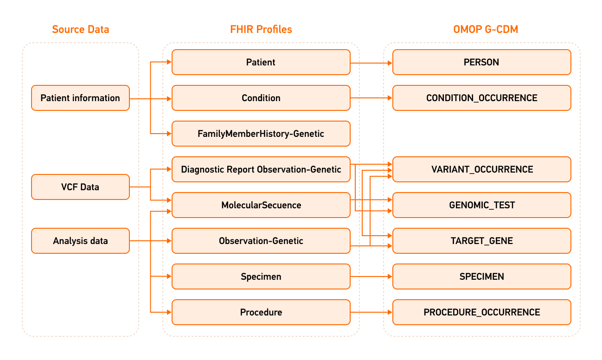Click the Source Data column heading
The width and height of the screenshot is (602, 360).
click(81, 30)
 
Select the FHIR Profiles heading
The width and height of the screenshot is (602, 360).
click(261, 30)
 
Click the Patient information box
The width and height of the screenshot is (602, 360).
click(80, 98)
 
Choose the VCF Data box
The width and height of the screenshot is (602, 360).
click(80, 187)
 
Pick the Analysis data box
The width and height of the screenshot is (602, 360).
click(80, 241)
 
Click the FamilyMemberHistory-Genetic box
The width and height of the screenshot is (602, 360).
click(261, 134)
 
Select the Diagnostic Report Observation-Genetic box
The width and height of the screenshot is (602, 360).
click(261, 169)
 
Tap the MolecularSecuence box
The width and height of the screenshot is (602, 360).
click(261, 205)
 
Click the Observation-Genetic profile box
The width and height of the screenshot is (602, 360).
click(261, 241)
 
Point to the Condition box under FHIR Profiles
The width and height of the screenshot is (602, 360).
click(261, 98)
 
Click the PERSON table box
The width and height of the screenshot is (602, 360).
click(481, 62)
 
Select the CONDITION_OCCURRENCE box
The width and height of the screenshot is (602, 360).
click(481, 98)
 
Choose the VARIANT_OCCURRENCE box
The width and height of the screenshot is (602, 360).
click(481, 169)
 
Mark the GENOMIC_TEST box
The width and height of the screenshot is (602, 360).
click(481, 205)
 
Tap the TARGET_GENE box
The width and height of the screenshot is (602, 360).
click(481, 241)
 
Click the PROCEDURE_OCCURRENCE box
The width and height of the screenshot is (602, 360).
click(481, 312)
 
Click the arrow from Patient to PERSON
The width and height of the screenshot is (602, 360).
click(371, 62)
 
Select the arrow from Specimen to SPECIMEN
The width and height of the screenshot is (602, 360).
click(371, 276)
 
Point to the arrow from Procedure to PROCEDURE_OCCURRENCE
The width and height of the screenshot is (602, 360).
click(371, 312)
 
